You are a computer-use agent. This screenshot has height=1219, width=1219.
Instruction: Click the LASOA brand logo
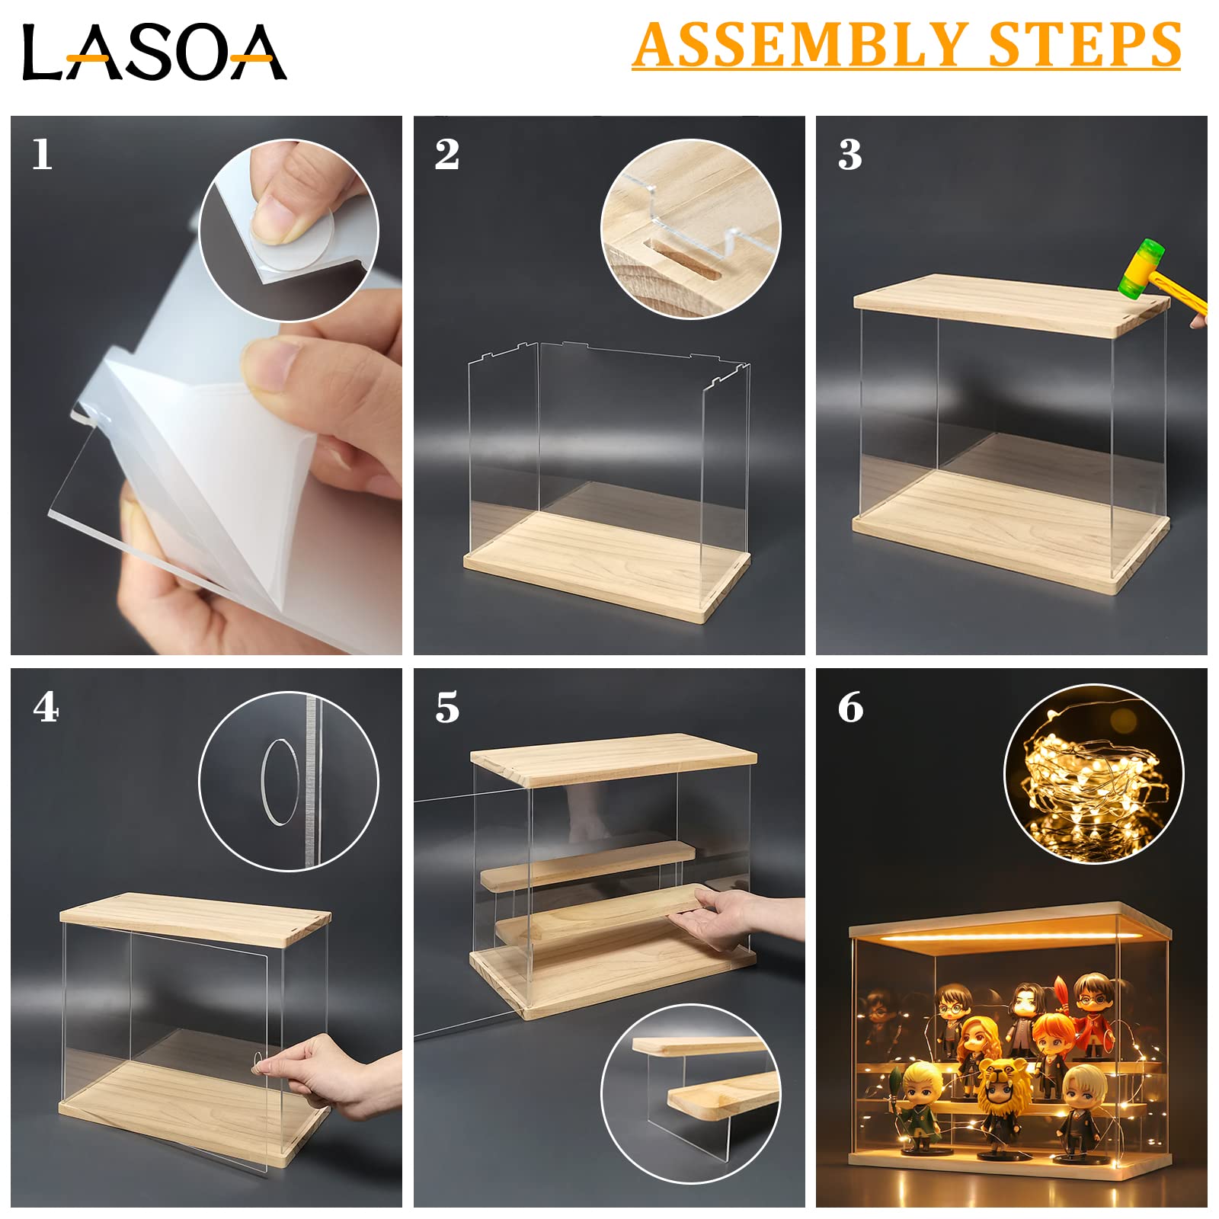pos(154,52)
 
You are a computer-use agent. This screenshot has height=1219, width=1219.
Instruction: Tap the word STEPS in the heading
pos(1085,46)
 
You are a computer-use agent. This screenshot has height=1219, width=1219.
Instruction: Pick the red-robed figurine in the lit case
pos(1093,1013)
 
